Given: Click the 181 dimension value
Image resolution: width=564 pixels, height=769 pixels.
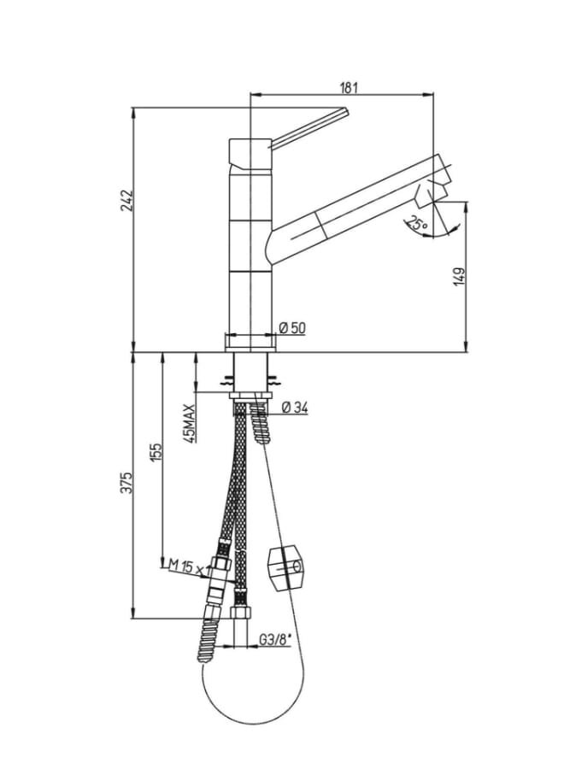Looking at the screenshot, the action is click(x=349, y=88).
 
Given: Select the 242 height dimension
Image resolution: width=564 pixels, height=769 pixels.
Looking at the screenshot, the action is click(x=127, y=200).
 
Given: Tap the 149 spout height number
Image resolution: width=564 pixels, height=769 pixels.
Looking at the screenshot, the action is click(x=459, y=277).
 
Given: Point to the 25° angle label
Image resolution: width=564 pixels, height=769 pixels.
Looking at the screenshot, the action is click(x=417, y=225).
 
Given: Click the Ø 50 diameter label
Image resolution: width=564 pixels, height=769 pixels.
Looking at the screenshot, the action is click(x=292, y=327).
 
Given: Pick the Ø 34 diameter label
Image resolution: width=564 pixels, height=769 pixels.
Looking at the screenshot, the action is click(x=295, y=407).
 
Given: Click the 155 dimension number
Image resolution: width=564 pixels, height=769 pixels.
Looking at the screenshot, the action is click(x=156, y=452).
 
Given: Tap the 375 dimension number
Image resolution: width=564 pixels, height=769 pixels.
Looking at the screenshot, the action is click(x=127, y=483).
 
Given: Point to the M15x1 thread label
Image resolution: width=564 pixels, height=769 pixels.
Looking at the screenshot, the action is click(x=190, y=567).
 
